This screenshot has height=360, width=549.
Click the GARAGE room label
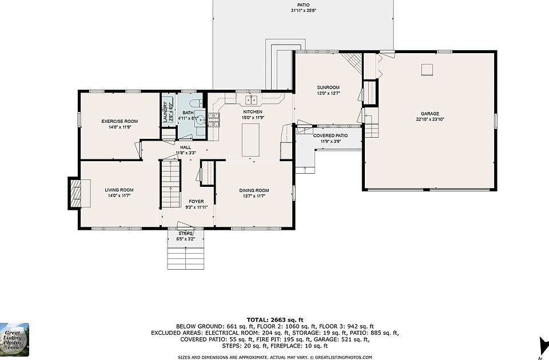coord(429,114)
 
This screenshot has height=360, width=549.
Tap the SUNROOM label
coord(328,87)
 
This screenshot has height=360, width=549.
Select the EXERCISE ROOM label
coord(120,121)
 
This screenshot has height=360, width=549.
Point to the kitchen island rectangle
coord(250,139)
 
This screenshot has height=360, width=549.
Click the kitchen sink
coord(251,99)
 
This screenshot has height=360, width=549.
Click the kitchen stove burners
coord(213,120)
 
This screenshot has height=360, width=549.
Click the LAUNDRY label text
coord(165,112)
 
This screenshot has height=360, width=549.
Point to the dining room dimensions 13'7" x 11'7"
coord(254,196)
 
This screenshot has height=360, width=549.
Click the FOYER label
coord(196,202)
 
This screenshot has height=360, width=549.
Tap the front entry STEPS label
coord(185,233)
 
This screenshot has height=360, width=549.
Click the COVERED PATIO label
coord(330,136)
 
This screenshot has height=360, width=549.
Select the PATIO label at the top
coord(303,5)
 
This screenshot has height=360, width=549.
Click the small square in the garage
coord(427,70)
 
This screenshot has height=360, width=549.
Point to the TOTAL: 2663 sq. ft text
coord(275,320)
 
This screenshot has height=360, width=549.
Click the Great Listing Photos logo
coord(14,339)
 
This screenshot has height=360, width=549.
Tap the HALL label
coord(185,147)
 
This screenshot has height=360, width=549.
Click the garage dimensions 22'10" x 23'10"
coord(429,119)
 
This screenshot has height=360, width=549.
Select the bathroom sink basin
coord(200,119)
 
